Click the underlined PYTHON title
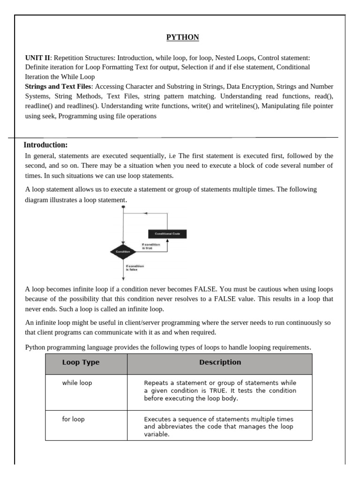pyautogui.click(x=183, y=37)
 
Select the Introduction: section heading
pyautogui.click(x=45, y=145)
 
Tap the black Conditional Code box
pyautogui.click(x=167, y=233)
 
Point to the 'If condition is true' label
pyautogui.click(x=150, y=246)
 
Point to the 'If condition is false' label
pyautogui.click(x=135, y=268)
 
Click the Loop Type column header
pyautogui.click(x=81, y=362)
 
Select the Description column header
pyautogui.click(x=220, y=362)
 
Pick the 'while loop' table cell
pyautogui.click(x=77, y=383)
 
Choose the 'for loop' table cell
pyautogui.click(x=73, y=419)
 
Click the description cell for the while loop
pyautogui.click(x=220, y=391)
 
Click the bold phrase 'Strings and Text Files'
pyautogui.click(x=58, y=87)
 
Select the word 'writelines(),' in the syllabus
pyautogui.click(x=239, y=106)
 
